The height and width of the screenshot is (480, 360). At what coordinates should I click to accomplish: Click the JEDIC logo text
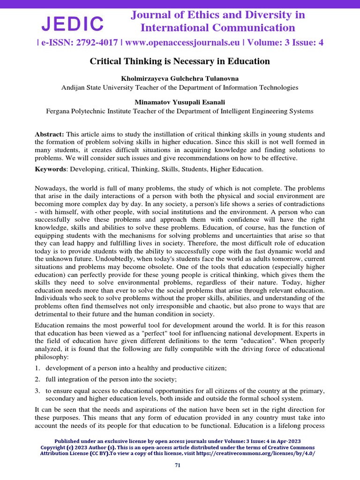pyautogui.click(x=73, y=23)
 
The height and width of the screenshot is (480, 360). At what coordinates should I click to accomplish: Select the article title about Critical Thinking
pyautogui.click(x=180, y=61)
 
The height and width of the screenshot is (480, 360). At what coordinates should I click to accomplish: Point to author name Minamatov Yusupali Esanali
pyautogui.click(x=180, y=103)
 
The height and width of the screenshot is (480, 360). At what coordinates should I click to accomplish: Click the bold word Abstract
pyautogui.click(x=49, y=134)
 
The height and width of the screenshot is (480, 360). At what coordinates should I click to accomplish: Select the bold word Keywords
pyautogui.click(x=50, y=169)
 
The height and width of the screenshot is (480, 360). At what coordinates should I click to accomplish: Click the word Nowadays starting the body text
pyautogui.click(x=51, y=188)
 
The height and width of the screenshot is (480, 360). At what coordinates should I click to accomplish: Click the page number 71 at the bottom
pyautogui.click(x=177, y=465)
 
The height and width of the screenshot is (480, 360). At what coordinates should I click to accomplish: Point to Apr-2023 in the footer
pyautogui.click(x=288, y=441)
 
